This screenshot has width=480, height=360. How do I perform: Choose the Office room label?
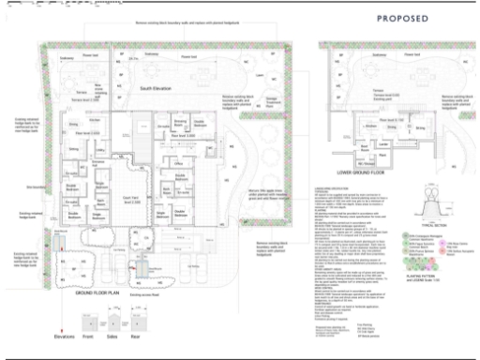click(x=177, y=163)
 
